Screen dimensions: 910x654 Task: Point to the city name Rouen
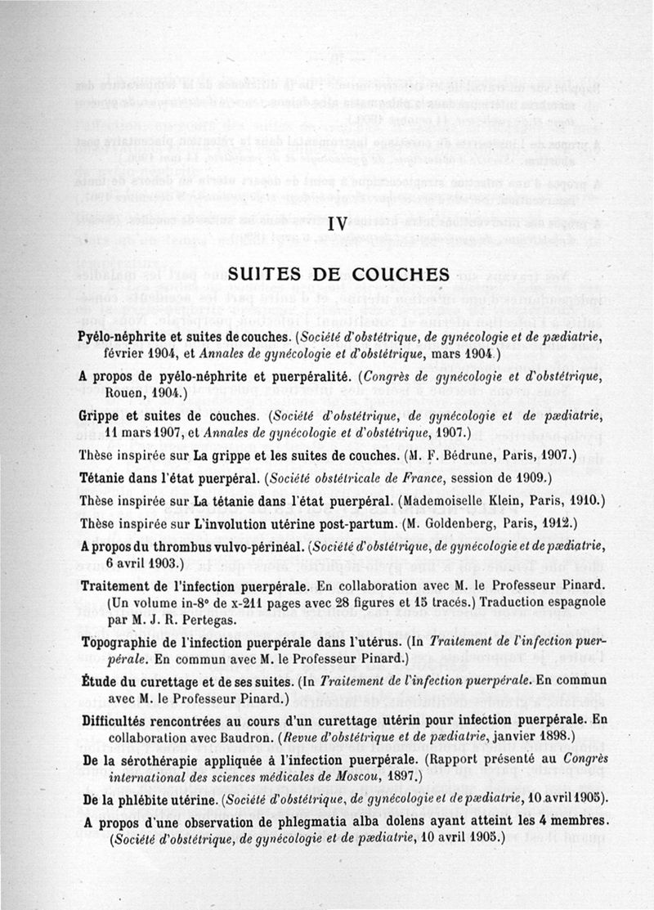[124, 394]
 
